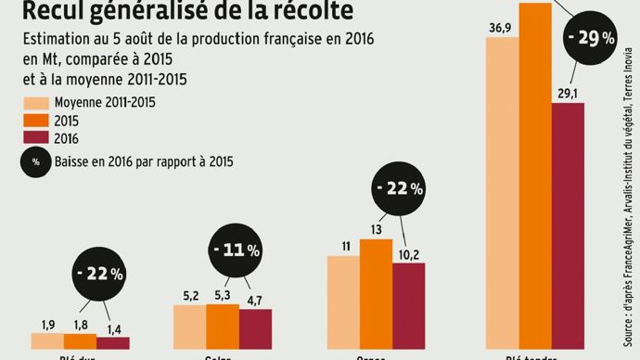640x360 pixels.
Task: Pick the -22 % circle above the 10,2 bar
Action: (x=398, y=188)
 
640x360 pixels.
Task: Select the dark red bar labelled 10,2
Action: (x=408, y=306)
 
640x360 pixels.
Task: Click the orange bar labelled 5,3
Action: (x=223, y=326)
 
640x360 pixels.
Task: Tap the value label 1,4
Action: (x=113, y=328)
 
